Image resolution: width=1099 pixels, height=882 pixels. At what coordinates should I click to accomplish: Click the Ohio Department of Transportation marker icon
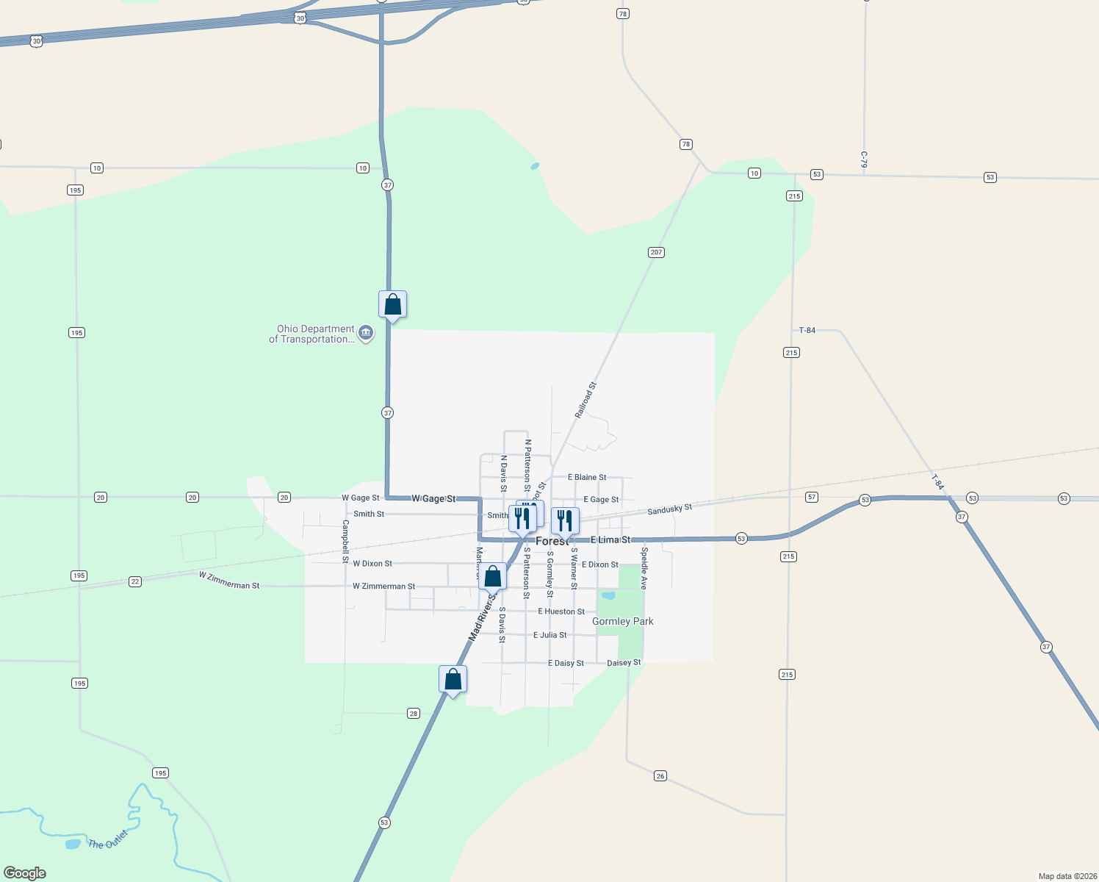[x=366, y=334]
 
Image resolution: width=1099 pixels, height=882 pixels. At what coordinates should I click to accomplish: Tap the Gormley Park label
[x=622, y=622]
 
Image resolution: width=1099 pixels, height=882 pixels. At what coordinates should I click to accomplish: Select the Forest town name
[x=552, y=541]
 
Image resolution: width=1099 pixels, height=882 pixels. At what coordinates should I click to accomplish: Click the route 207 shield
[x=656, y=252]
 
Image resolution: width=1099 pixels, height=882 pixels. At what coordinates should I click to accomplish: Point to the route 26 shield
[x=660, y=776]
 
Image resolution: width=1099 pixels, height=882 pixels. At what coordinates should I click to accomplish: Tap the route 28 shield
[x=414, y=714]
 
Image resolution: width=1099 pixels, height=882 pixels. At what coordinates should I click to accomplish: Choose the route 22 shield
[x=135, y=581]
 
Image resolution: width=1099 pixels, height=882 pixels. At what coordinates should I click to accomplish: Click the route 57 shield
[x=812, y=497]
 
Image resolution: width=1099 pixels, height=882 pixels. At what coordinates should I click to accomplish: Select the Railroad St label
[x=585, y=400]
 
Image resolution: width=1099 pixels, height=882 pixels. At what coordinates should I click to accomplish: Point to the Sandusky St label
[x=669, y=509]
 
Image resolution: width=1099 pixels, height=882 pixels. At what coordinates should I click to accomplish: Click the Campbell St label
[x=345, y=542]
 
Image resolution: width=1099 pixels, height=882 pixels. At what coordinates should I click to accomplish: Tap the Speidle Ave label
[x=644, y=568]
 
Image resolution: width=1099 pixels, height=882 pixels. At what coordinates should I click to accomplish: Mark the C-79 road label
[x=865, y=159]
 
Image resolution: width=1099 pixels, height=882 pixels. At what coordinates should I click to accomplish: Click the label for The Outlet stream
[x=108, y=840]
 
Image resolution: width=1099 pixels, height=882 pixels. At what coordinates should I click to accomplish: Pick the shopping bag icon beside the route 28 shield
[x=453, y=679]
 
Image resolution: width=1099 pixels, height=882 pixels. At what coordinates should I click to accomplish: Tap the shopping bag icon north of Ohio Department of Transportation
[x=392, y=304]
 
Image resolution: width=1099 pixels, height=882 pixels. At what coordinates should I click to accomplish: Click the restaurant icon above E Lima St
[x=564, y=520]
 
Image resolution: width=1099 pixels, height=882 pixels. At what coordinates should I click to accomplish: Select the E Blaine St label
[x=587, y=478]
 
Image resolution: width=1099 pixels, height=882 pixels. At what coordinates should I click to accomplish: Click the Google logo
[x=25, y=873]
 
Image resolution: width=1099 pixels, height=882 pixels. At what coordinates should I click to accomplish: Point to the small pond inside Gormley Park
[x=608, y=595]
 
